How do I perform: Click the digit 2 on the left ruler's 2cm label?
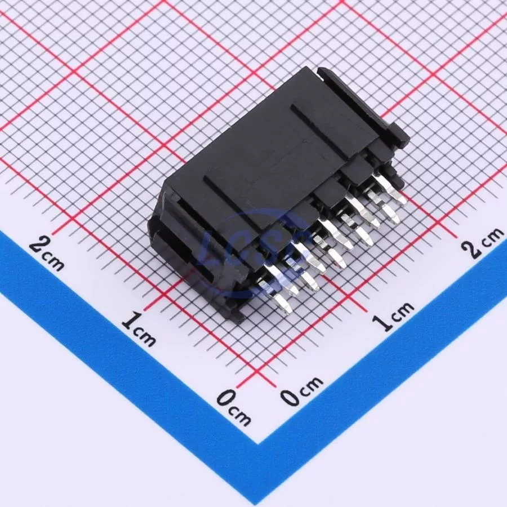tap(39, 246)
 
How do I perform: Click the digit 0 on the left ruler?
tap(226, 398)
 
